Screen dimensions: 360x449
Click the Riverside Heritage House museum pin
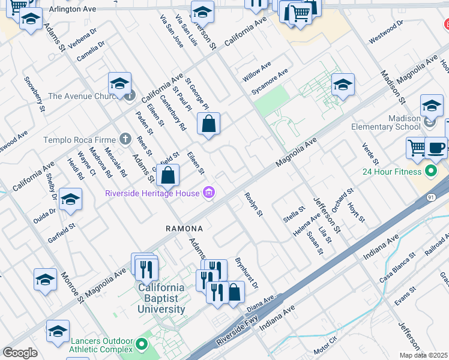click(x=209, y=193)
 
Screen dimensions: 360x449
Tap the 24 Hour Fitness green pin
click(x=430, y=172)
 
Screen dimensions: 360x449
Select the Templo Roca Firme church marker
click(x=125, y=140)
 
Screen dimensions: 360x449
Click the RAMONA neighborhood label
click(x=184, y=229)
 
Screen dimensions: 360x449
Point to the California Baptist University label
click(x=161, y=298)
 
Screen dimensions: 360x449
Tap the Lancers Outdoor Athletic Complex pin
click(x=142, y=344)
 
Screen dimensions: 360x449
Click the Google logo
click(x=20, y=353)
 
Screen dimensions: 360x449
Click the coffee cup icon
click(x=436, y=148)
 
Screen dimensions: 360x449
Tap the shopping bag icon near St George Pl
click(x=208, y=124)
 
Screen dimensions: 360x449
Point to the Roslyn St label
click(x=253, y=204)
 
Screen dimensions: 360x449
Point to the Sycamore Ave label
click(x=270, y=81)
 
